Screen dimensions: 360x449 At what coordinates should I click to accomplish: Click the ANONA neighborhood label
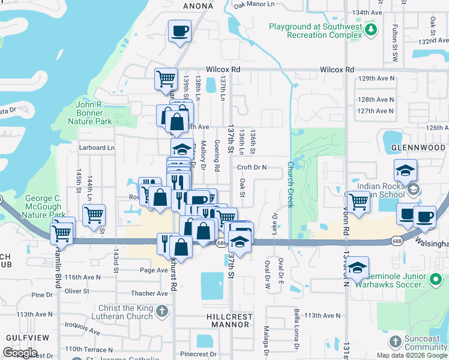[x=198, y=6]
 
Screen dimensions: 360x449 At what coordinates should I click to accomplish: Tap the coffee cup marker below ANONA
[x=179, y=31]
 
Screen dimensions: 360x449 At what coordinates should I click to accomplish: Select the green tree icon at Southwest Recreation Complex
[x=372, y=28]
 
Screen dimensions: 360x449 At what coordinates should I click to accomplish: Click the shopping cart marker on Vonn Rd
[x=358, y=203]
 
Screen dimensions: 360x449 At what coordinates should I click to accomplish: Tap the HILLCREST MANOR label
[x=230, y=320]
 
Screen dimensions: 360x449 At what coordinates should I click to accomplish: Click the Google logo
[x=20, y=353]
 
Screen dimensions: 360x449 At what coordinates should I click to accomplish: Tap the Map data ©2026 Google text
[x=411, y=355]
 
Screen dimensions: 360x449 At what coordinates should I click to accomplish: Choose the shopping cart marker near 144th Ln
[x=94, y=215]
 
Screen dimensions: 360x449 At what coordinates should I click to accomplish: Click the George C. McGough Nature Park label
[x=45, y=206]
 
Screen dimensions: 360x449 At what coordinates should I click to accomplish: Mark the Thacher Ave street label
[x=151, y=293]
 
